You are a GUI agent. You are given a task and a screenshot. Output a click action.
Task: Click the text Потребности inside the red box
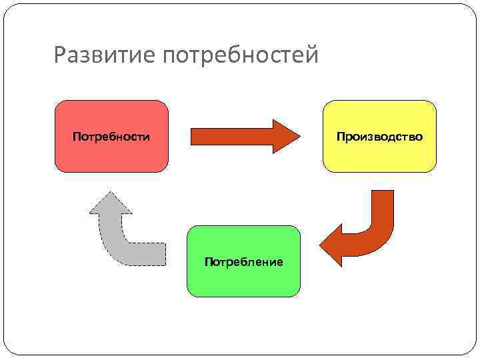click(111, 137)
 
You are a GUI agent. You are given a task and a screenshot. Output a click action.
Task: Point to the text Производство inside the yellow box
click(379, 137)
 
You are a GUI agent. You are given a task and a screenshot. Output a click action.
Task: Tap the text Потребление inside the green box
click(243, 262)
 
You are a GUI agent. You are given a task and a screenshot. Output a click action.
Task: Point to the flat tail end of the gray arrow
click(164, 253)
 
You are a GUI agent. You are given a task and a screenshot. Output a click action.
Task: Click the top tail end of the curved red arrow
click(382, 192)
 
